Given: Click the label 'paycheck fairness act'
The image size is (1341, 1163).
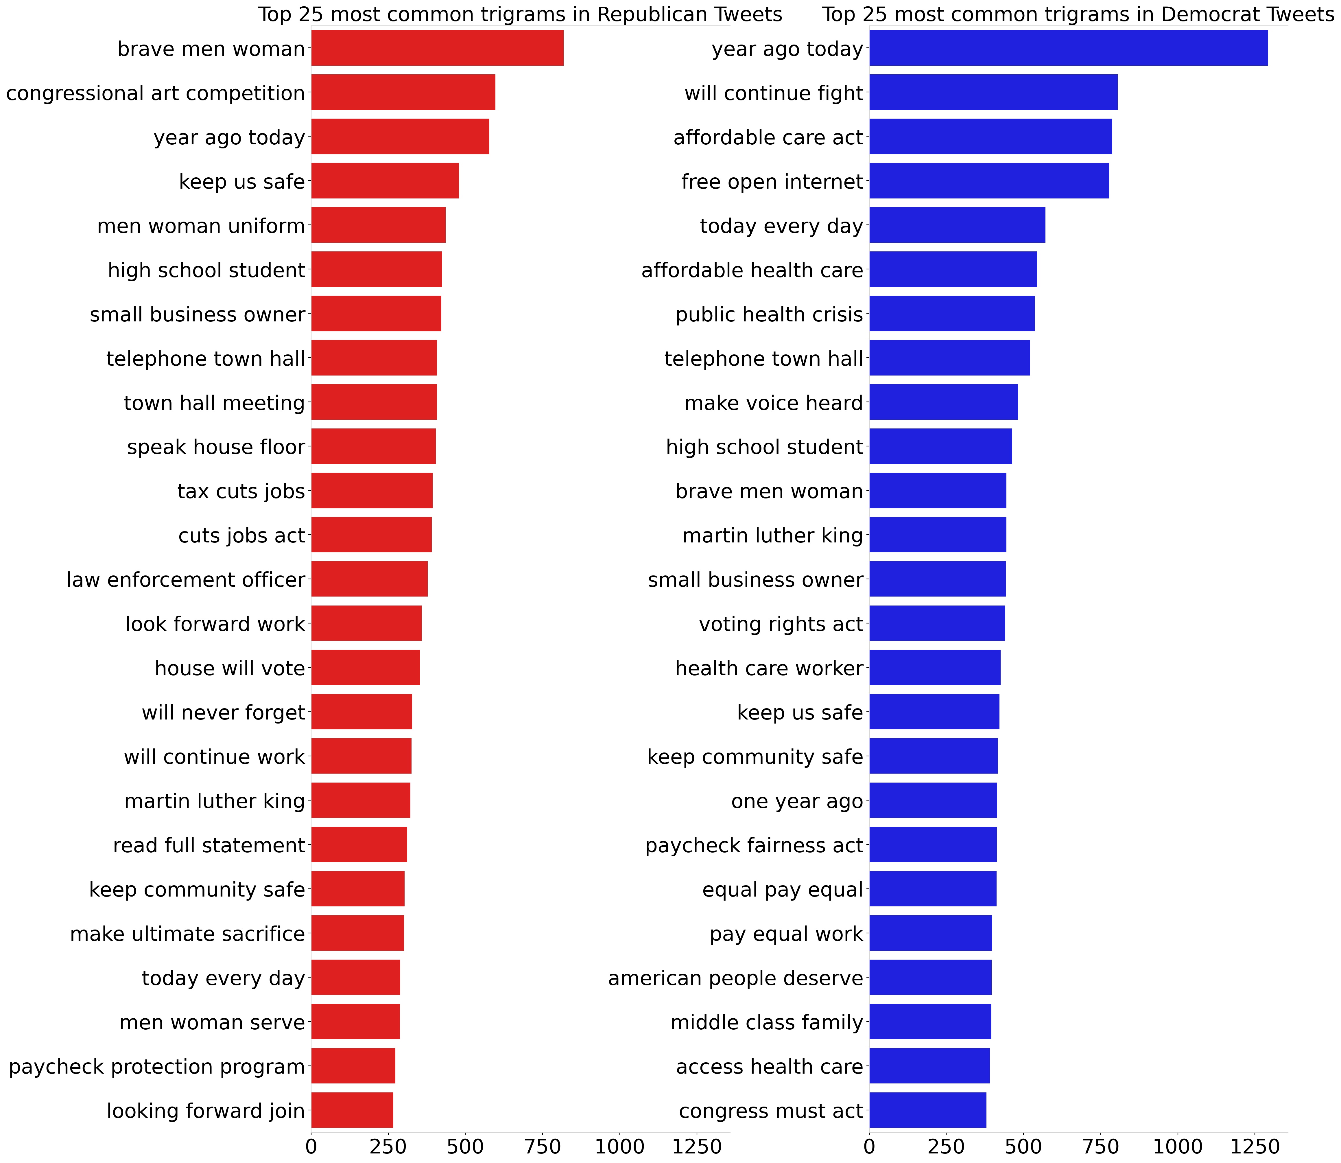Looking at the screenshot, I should point(754,845).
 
